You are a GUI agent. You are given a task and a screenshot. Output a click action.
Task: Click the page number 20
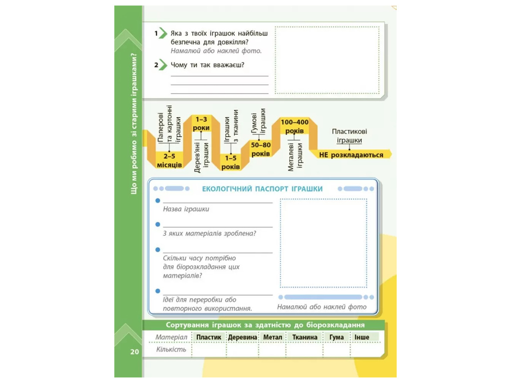point(135,352)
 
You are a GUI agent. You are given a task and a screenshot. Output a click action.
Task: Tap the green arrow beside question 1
point(163,33)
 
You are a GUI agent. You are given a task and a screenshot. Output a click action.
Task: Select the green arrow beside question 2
point(163,65)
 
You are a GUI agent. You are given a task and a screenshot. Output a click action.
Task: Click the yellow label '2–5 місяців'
point(169,161)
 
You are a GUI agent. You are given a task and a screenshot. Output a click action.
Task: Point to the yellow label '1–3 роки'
point(201,124)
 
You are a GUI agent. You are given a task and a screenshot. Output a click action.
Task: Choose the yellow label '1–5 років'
point(231,162)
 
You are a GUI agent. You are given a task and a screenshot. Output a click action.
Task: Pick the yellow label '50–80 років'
point(260,149)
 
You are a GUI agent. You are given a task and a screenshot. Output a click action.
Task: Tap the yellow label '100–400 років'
point(294,126)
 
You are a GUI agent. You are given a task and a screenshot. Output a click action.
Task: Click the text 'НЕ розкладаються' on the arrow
point(351,155)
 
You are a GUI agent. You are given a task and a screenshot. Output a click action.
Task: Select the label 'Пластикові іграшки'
point(349,136)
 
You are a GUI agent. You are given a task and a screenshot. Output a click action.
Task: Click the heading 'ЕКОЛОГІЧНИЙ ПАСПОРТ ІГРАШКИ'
point(262,189)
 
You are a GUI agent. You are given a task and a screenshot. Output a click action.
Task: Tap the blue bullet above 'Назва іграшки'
point(158,200)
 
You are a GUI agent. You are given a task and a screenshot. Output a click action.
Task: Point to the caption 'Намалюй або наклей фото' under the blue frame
point(322,307)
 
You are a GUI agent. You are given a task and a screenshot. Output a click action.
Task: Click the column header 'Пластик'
point(209,337)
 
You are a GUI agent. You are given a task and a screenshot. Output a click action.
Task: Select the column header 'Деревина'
point(243,337)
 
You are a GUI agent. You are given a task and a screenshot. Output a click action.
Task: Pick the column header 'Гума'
point(336,337)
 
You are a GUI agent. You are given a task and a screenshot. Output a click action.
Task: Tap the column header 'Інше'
point(362,337)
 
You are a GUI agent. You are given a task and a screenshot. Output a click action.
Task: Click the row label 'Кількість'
point(171,350)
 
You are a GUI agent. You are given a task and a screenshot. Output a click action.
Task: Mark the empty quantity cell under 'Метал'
point(272,350)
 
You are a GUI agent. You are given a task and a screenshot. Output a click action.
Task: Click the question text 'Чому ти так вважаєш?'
point(207,65)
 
